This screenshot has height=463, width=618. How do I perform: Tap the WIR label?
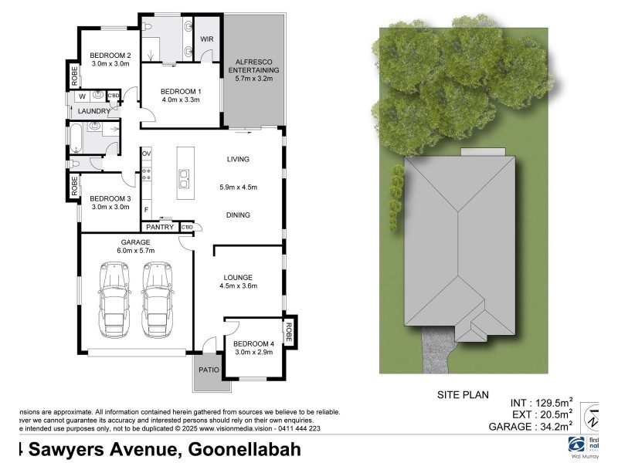(x=206, y=39)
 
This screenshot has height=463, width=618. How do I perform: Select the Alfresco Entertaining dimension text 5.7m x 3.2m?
(x=253, y=79)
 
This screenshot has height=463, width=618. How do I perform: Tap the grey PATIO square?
(x=209, y=370)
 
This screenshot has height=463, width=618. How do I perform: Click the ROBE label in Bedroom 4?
(x=290, y=332)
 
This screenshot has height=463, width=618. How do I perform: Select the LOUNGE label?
(x=239, y=277)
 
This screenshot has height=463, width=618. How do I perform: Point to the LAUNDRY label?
(x=94, y=111)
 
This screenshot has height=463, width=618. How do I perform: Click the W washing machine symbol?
(x=81, y=97)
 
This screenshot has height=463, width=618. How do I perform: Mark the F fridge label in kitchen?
(x=146, y=208)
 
